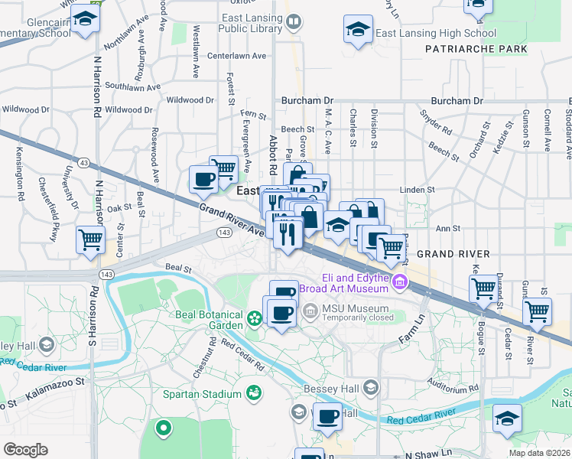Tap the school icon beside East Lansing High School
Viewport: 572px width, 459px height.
tap(356, 30)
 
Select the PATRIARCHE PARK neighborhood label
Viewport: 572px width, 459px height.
tap(476, 49)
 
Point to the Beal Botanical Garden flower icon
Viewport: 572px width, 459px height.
tap(253, 317)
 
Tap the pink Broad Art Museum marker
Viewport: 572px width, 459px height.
tap(398, 285)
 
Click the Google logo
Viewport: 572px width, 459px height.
tap(26, 449)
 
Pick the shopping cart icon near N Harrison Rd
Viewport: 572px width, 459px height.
tap(90, 239)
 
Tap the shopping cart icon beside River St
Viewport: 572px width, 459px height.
tap(537, 311)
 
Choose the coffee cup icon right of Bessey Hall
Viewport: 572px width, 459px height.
tap(327, 416)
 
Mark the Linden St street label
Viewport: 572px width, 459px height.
tap(418, 189)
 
